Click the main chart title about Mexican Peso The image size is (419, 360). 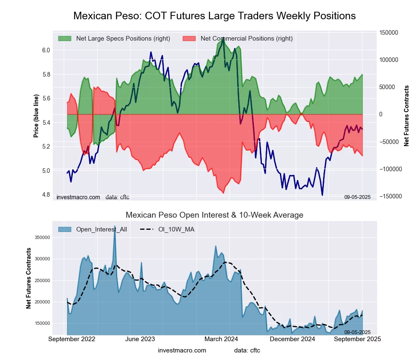pyautogui.click(x=215, y=16)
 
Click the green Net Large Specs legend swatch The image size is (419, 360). pyautogui.click(x=65, y=39)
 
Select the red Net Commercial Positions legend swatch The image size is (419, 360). pyautogui.click(x=189, y=39)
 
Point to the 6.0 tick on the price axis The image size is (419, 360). pyautogui.click(x=46, y=50)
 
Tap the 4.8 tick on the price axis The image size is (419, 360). pyautogui.click(x=46, y=195)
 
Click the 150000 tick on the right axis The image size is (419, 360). pyautogui.click(x=388, y=33)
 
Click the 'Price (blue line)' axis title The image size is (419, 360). pyautogui.click(x=36, y=116)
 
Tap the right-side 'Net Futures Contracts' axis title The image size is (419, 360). pyautogui.click(x=406, y=116)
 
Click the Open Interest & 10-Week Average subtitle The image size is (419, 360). pyautogui.click(x=215, y=215)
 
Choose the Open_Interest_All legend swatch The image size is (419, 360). pyautogui.click(x=65, y=229)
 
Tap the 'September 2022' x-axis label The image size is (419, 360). pyautogui.click(x=72, y=339)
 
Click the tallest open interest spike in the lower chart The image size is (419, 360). pyautogui.click(x=114, y=226)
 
